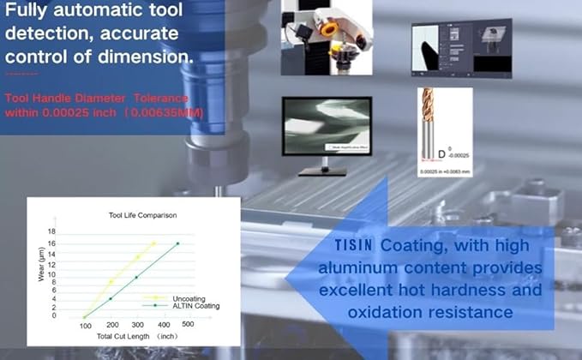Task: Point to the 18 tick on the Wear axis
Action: (52, 232)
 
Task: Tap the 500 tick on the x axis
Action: (189, 325)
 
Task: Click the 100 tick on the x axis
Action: (85, 326)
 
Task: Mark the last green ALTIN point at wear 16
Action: (177, 243)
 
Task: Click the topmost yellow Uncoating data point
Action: (153, 243)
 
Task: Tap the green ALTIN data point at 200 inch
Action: (111, 298)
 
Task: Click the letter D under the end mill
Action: (441, 154)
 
